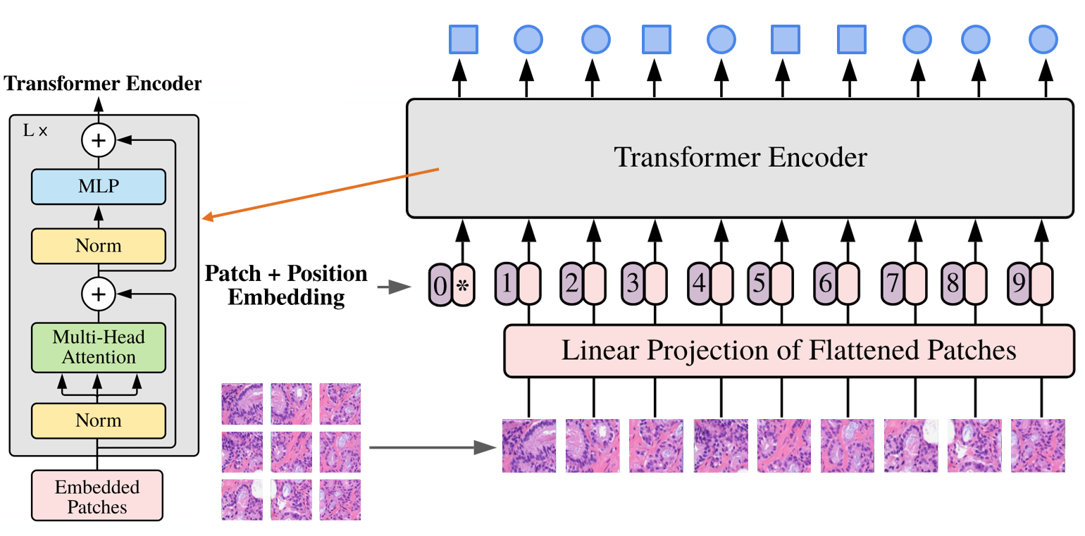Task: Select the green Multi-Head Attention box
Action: (98, 347)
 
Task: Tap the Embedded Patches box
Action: (98, 497)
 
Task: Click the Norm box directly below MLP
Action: (98, 246)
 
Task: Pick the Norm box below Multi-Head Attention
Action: (98, 420)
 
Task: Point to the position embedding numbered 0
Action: (440, 285)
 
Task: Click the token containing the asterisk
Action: (463, 285)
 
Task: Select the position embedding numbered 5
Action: (758, 284)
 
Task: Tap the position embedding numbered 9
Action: (1018, 284)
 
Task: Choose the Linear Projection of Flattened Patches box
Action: (788, 350)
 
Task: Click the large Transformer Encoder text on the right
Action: (740, 157)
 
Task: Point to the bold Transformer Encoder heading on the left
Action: (102, 85)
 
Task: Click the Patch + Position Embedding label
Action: (286, 285)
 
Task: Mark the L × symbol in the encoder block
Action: (35, 131)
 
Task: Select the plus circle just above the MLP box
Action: (99, 141)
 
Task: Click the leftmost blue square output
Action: (464, 39)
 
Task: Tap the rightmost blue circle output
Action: (1043, 39)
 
